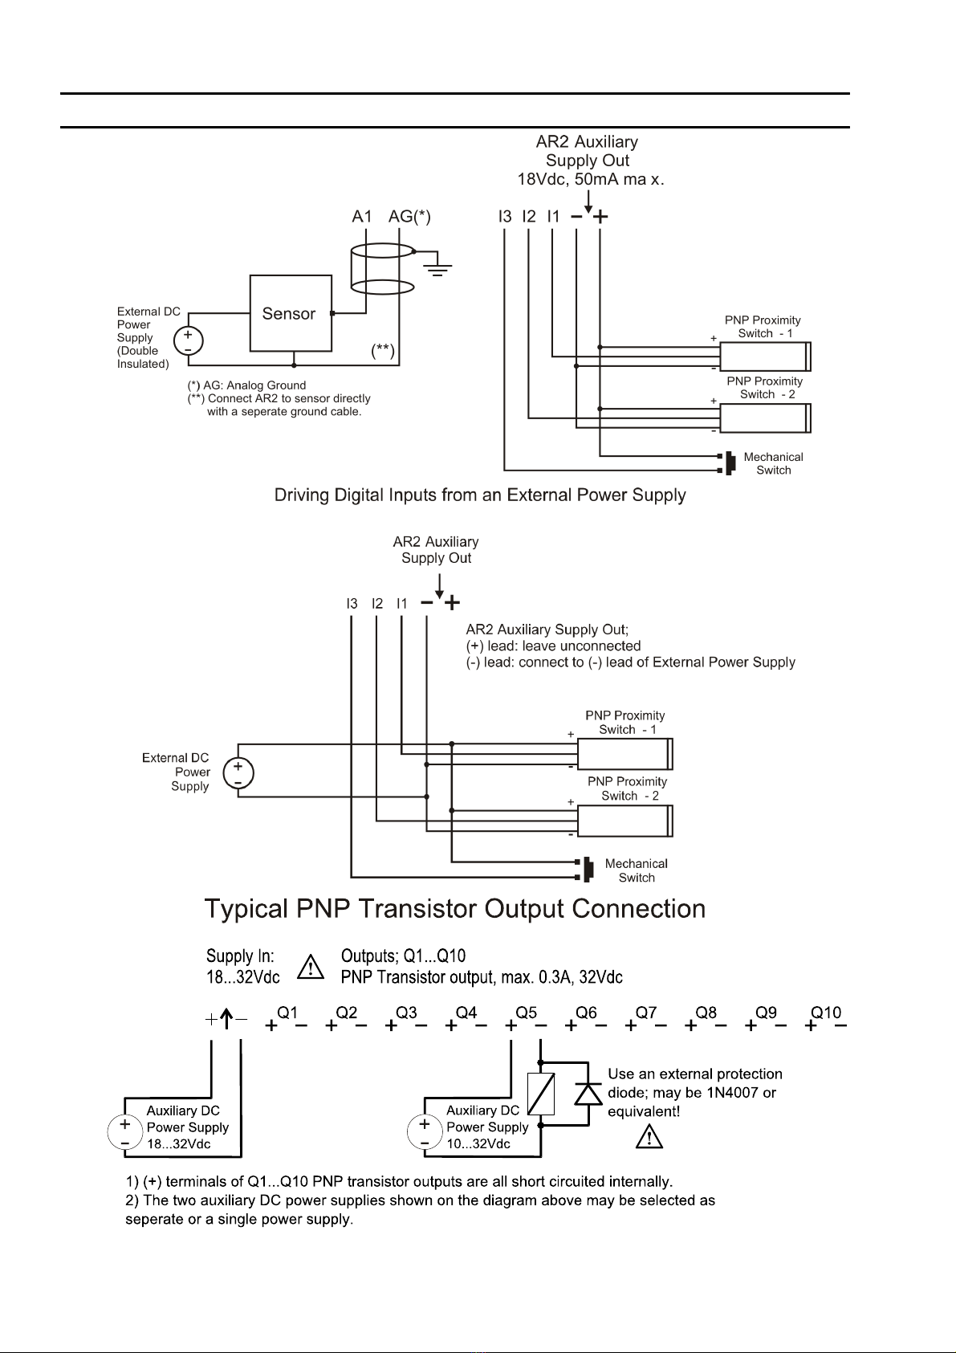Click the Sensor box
click(291, 313)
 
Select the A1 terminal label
click(362, 217)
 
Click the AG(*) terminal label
click(409, 217)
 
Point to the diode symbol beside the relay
click(588, 1093)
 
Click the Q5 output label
click(526, 1013)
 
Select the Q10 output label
click(826, 1013)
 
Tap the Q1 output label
click(287, 1013)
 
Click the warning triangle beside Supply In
click(311, 967)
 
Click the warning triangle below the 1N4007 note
click(649, 1137)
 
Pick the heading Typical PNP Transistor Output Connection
click(455, 909)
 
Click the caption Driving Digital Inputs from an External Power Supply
click(480, 495)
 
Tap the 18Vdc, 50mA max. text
click(591, 179)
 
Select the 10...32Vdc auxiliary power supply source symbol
click(425, 1132)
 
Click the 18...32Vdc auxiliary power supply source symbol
click(125, 1132)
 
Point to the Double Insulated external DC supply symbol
click(188, 341)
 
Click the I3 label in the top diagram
click(504, 217)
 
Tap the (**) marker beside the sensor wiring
click(383, 350)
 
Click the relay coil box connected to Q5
click(541, 1094)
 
